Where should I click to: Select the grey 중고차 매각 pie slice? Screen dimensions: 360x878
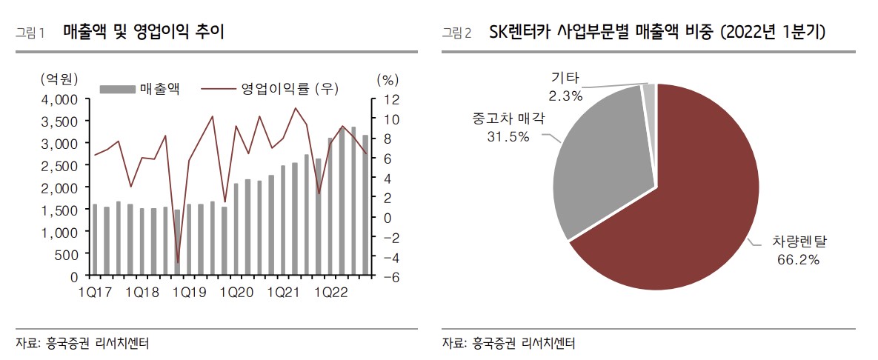point(600,163)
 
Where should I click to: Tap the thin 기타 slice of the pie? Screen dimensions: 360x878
point(649,92)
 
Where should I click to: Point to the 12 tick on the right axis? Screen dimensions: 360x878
point(391,99)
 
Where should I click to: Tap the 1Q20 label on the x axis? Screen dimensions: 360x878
point(236,293)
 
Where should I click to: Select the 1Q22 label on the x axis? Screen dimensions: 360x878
point(330,293)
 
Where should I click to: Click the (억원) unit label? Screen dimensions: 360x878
point(59,79)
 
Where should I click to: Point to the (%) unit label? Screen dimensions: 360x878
point(388,79)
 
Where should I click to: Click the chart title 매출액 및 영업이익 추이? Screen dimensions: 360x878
point(143,32)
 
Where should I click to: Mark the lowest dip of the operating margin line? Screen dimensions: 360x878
point(178,262)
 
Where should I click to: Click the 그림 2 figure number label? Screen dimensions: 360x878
point(456,33)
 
